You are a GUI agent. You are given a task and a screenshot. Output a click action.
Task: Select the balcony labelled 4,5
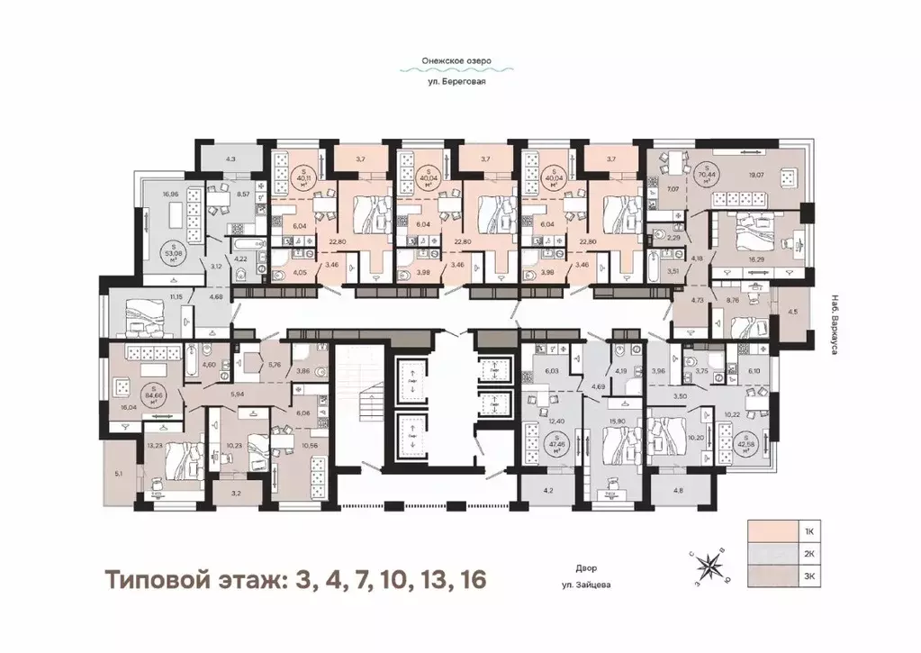click(791, 313)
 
